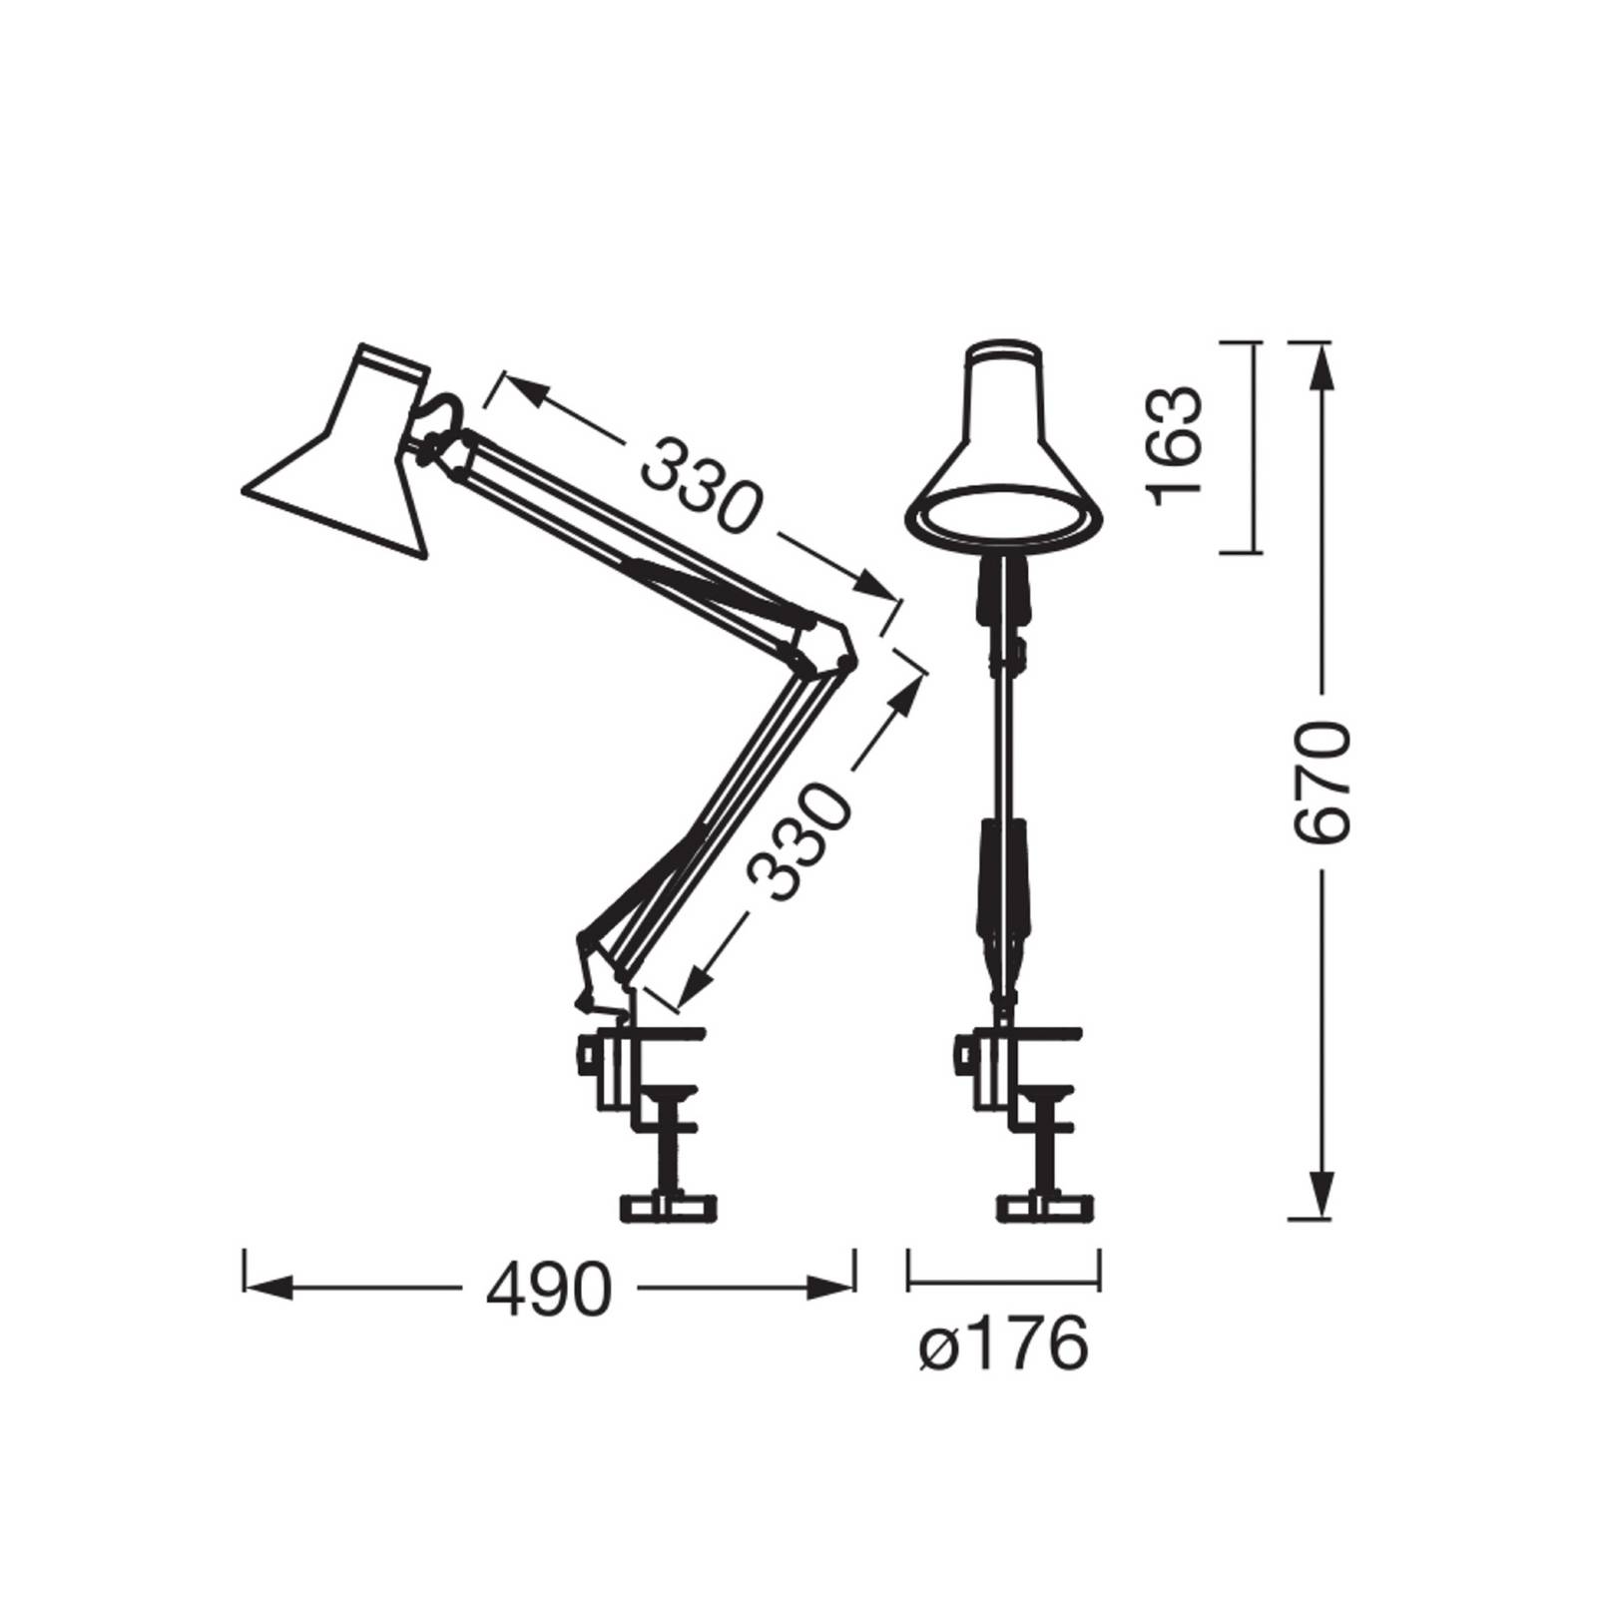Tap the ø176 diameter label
pyautogui.click(x=1002, y=1346)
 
